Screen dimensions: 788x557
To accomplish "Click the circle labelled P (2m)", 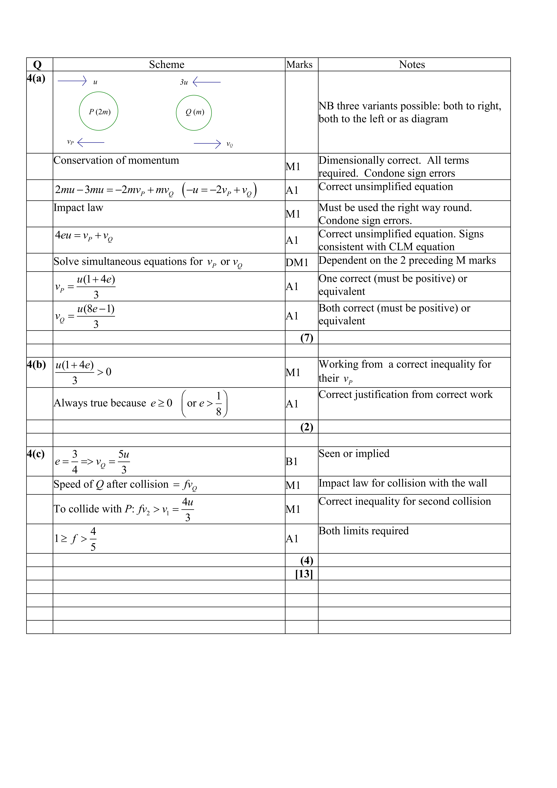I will [x=98, y=111].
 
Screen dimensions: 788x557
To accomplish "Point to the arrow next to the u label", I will [x=72, y=81].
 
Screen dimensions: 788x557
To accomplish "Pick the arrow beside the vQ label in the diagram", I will [x=207, y=144].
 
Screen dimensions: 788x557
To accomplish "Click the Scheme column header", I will [x=167, y=65].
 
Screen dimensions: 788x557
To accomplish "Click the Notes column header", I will [x=412, y=65].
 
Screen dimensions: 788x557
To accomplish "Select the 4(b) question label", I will [x=36, y=365].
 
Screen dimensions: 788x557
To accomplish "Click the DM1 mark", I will [x=297, y=263].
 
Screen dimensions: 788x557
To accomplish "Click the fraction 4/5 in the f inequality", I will [x=93, y=539].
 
